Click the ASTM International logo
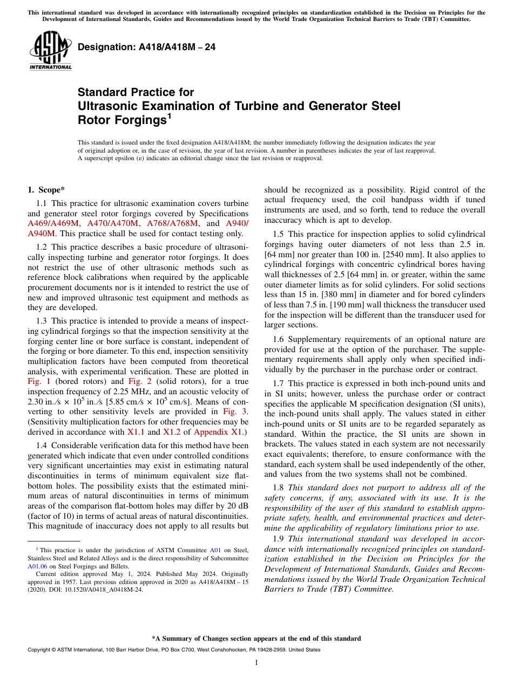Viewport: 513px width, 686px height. tap(50, 51)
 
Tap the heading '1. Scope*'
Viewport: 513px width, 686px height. tap(46, 190)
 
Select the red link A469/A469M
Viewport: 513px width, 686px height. tap(53, 223)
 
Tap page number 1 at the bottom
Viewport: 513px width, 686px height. tap(256, 662)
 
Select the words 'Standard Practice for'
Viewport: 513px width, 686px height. tap(136, 92)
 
